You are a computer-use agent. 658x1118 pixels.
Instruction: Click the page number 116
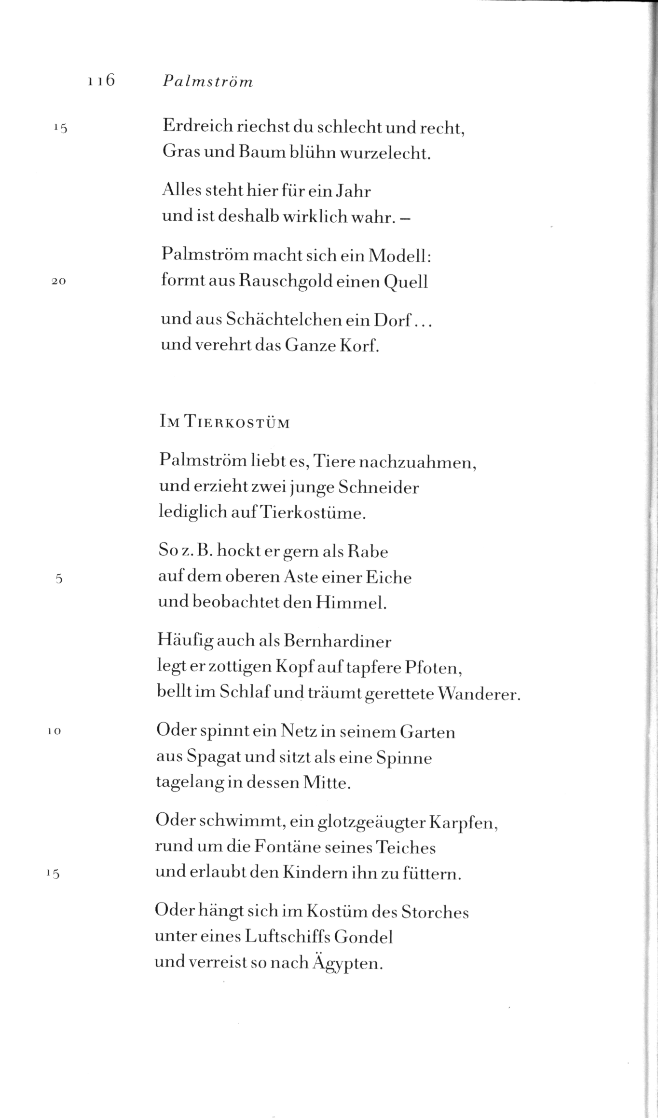pos(101,81)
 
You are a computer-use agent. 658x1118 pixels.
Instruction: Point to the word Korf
pos(360,345)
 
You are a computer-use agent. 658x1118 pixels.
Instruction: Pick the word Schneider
pos(378,487)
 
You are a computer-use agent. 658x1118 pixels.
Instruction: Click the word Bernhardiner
pos(338,641)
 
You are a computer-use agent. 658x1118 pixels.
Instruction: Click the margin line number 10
pos(54,731)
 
